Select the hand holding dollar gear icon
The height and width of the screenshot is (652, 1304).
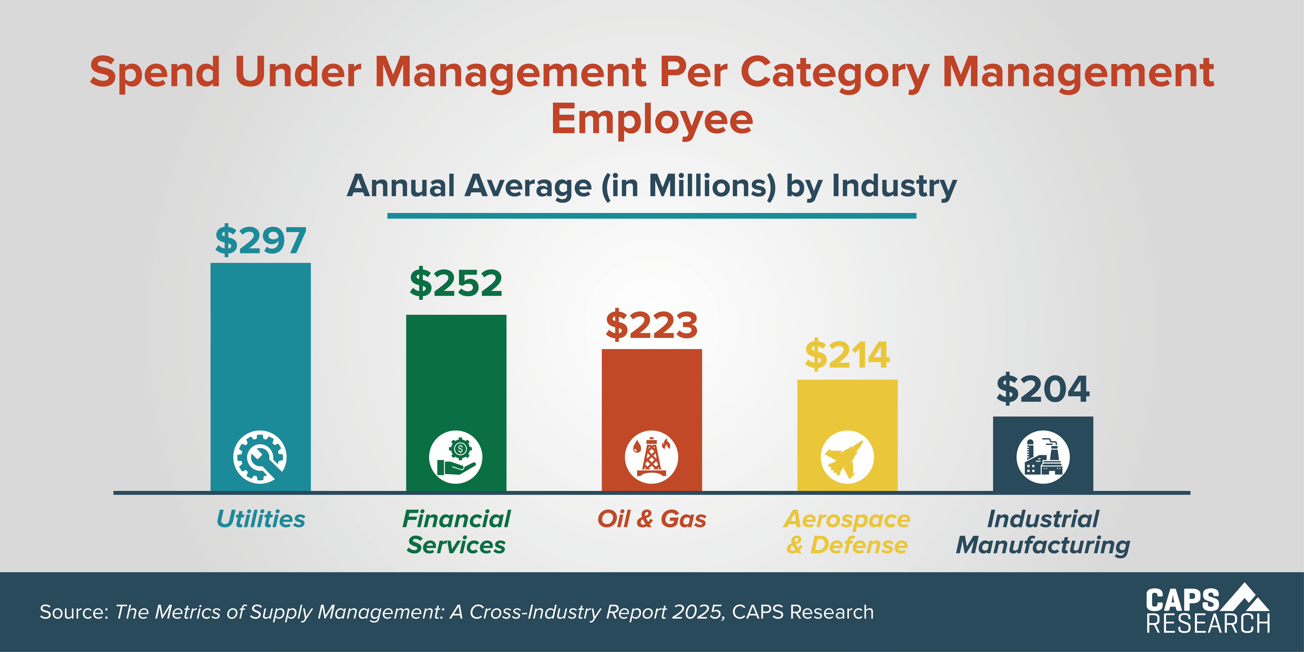click(456, 457)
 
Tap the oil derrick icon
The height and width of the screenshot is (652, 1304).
click(652, 457)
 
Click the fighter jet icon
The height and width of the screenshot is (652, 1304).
click(847, 457)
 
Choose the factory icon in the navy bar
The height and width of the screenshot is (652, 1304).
click(1043, 457)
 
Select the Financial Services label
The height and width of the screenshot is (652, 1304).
click(456, 532)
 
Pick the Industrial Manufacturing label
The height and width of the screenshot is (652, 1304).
click(1043, 532)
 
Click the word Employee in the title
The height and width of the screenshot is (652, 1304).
click(652, 119)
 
